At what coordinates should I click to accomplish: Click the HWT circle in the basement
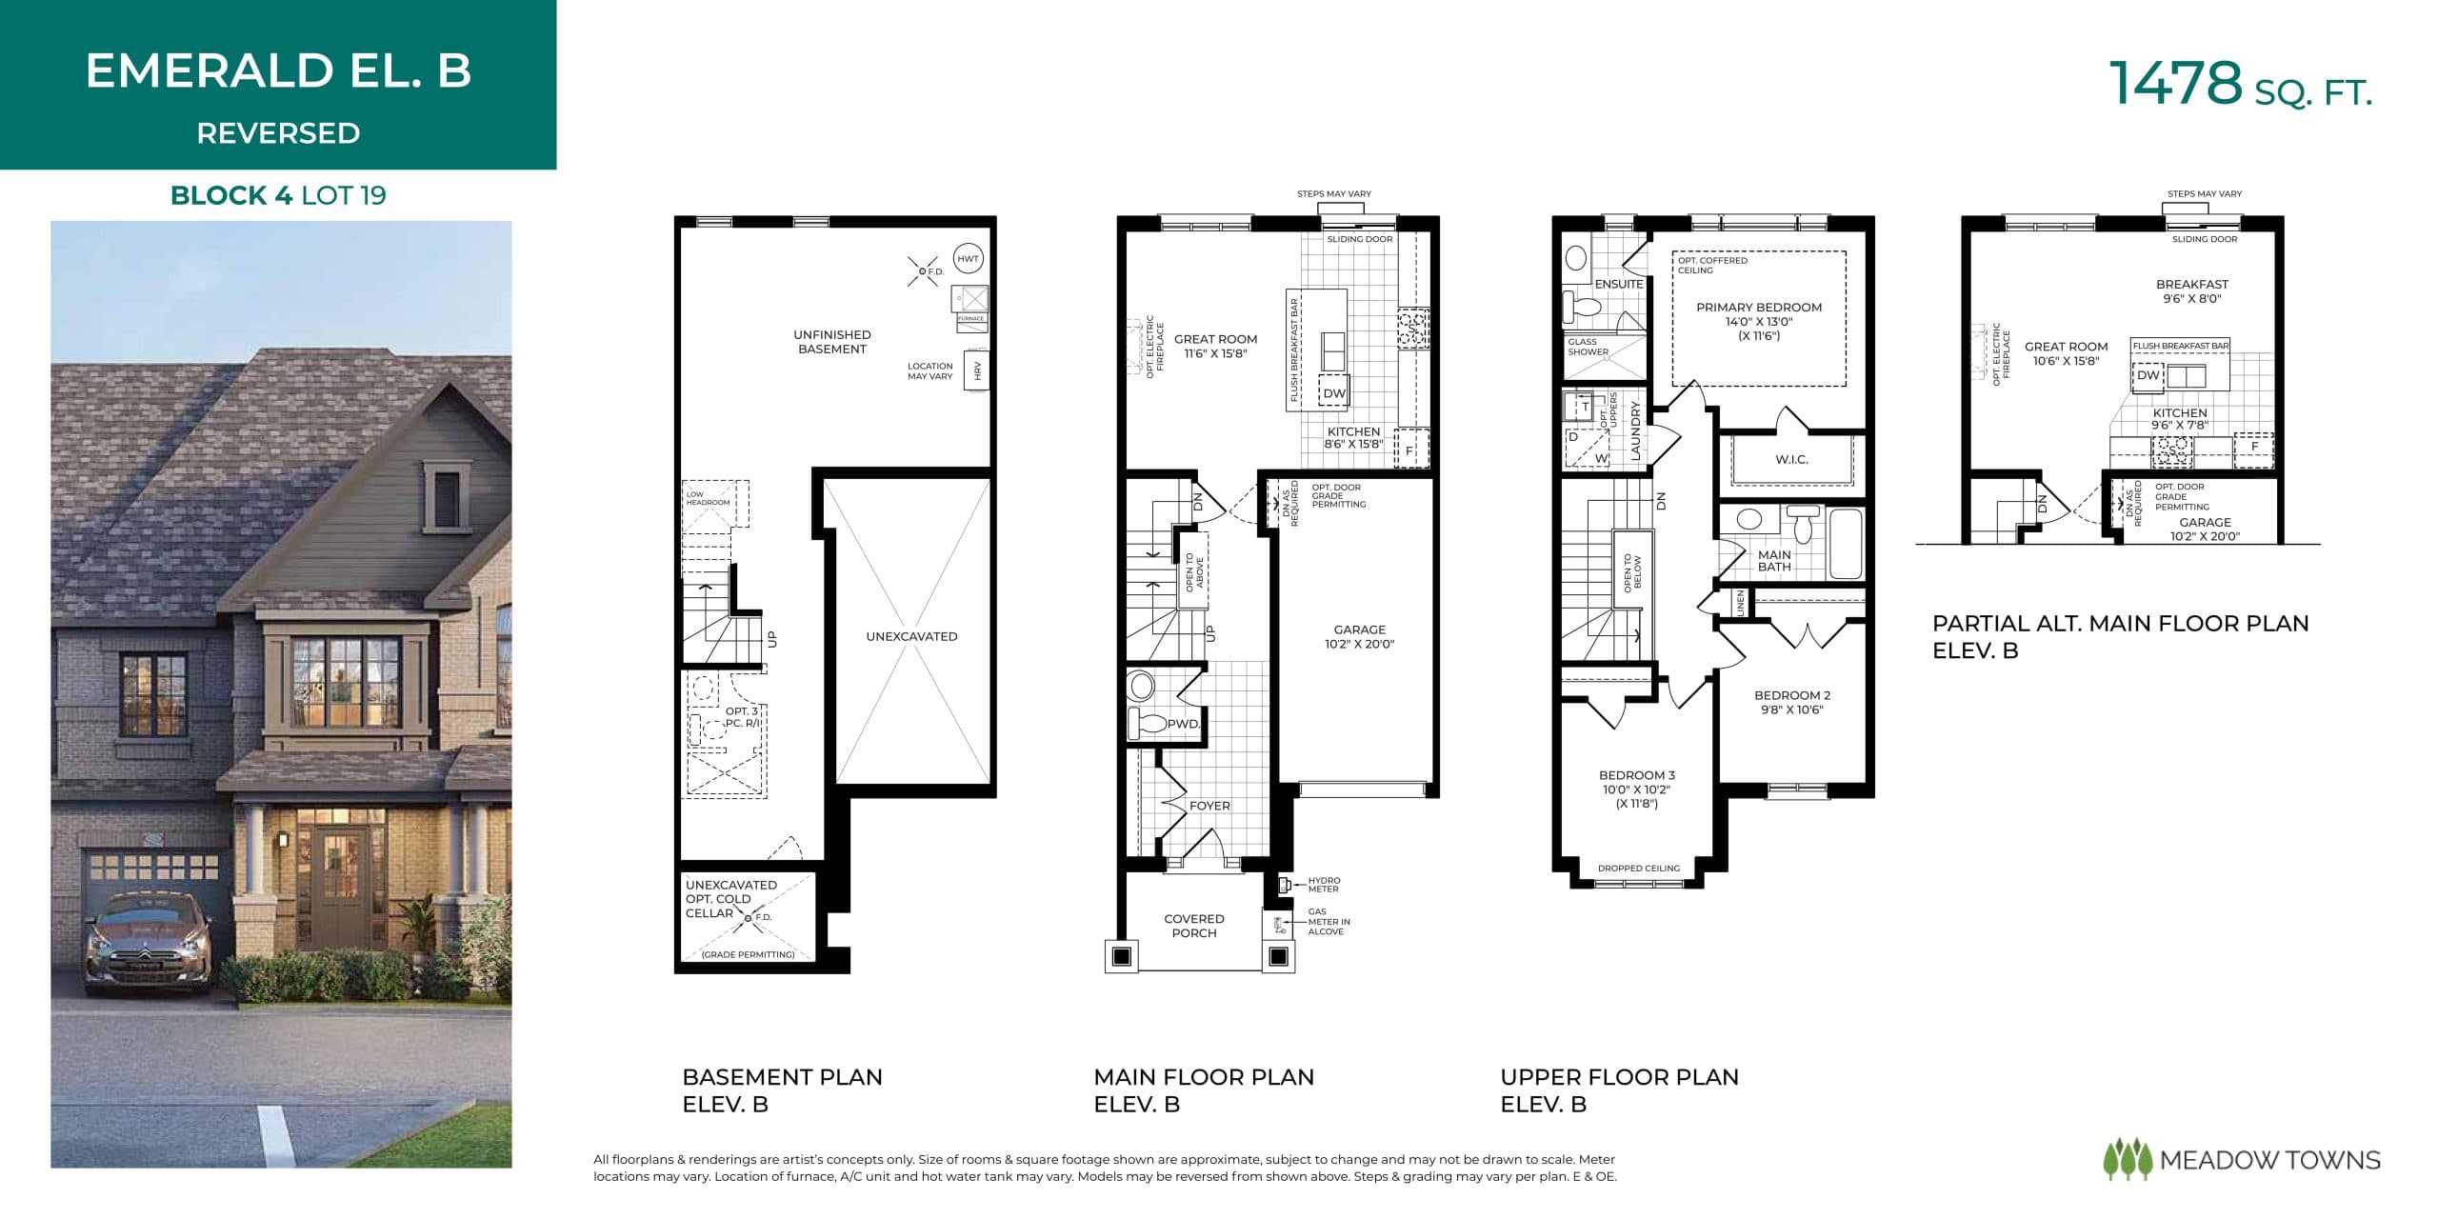968,258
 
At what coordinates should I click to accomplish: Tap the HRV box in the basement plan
977,371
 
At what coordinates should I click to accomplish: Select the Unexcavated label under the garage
911,636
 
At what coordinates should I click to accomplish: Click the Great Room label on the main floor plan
1215,339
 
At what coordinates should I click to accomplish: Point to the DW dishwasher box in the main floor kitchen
1334,392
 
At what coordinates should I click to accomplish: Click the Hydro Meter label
1324,885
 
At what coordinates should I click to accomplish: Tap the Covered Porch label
1193,926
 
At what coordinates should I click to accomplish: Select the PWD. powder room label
1184,724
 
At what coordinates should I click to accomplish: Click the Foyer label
1209,806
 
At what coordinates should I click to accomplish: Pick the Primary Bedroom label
1758,308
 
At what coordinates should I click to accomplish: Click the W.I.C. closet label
1791,459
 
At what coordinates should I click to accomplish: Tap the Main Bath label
1773,561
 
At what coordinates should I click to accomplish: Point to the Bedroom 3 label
1637,775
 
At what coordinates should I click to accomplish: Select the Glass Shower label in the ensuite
1588,347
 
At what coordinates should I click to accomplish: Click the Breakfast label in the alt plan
2191,284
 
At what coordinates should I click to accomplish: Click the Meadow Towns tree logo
2127,1159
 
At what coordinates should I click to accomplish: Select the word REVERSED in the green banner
278,133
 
